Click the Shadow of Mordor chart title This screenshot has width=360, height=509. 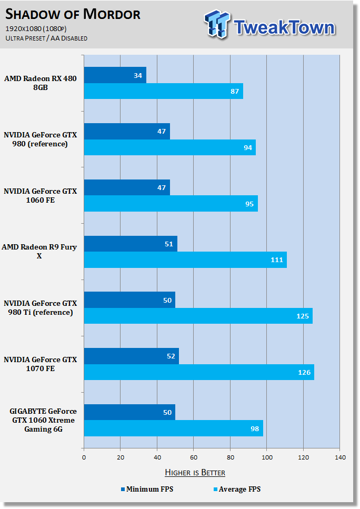coord(73,14)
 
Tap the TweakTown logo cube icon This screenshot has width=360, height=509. coord(217,24)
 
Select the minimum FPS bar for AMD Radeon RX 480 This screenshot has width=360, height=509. coord(115,75)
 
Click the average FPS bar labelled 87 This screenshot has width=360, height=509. coord(164,91)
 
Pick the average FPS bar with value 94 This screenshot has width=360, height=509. coord(170,147)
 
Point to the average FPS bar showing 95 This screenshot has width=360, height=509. coord(171,204)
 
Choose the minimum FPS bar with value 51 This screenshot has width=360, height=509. coord(131,244)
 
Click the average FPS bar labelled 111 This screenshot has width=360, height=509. coord(185,260)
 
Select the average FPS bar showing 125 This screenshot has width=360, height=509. coord(198,316)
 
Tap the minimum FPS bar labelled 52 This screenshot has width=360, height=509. coord(132,356)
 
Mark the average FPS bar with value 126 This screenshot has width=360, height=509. coord(199,372)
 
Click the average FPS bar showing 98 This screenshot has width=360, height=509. coord(174,428)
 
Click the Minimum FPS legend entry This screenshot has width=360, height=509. coord(147,489)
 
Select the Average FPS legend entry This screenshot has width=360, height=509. coord(237,489)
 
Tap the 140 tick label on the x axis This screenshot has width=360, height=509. coord(340,457)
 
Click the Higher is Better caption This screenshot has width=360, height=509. coord(195,472)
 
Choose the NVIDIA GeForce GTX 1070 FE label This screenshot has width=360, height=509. coord(41,364)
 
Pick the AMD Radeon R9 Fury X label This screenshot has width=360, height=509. coord(39,251)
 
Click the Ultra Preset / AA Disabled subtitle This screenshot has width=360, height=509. coord(46,38)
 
